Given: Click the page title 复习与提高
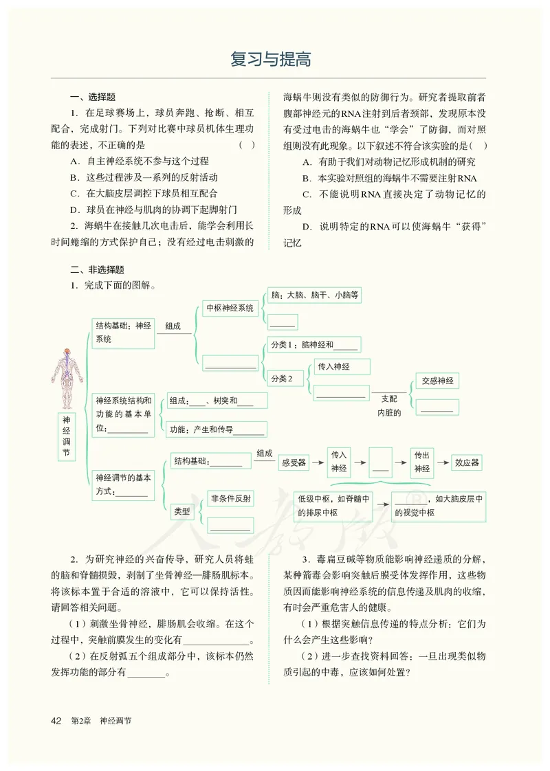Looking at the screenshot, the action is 271,60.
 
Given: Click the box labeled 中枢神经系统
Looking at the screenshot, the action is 230,309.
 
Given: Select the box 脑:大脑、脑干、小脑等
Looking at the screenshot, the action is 315,296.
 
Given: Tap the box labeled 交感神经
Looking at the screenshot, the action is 437,381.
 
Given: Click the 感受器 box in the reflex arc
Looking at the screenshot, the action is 294,462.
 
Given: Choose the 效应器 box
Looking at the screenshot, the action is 467,462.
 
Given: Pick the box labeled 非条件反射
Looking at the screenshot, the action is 231,499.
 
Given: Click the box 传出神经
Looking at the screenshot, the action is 421,462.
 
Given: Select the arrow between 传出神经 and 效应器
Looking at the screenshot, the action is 442,462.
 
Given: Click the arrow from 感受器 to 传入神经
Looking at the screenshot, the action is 317,462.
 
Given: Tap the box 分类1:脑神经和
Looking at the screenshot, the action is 313,345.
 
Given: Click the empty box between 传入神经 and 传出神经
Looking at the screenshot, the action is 380,462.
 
